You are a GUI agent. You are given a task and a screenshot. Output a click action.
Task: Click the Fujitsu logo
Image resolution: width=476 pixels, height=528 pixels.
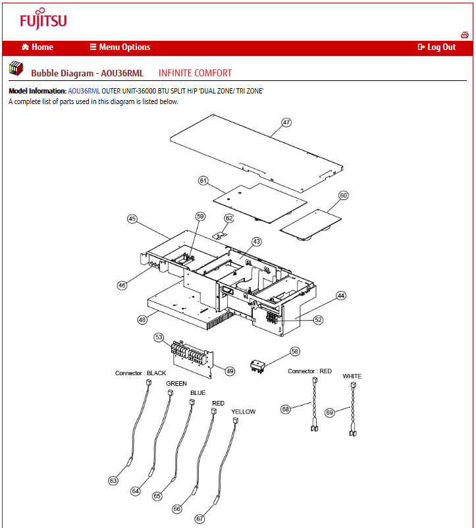tap(43, 21)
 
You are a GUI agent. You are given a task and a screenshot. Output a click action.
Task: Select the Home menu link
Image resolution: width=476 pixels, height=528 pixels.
tap(38, 47)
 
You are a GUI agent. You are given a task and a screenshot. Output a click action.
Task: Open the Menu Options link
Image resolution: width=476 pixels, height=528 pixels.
tap(120, 47)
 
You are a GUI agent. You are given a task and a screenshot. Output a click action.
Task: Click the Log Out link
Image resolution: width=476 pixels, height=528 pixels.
tap(436, 47)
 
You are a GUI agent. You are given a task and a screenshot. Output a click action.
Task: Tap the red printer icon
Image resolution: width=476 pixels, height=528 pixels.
tap(464, 35)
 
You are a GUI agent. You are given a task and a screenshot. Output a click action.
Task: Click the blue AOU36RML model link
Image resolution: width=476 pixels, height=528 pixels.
tap(84, 91)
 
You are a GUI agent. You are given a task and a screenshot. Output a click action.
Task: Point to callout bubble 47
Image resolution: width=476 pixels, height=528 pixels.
tap(286, 122)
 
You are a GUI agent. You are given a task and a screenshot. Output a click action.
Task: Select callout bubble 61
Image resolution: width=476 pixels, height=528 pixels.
tap(203, 180)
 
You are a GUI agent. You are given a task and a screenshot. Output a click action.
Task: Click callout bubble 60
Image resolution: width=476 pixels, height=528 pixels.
tap(344, 196)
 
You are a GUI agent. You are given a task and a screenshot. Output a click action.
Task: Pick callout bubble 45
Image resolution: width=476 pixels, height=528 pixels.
tap(132, 219)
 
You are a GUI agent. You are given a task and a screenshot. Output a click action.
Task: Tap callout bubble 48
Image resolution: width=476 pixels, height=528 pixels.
tap(142, 319)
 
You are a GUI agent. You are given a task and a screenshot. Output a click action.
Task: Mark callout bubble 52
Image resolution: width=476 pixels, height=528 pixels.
tap(319, 320)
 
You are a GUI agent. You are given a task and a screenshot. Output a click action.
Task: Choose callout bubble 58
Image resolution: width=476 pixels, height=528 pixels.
tap(295, 352)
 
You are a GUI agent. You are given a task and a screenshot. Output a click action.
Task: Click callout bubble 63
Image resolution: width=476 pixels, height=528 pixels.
tap(113, 481)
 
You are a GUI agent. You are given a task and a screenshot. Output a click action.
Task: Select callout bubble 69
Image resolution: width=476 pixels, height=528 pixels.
tap(330, 413)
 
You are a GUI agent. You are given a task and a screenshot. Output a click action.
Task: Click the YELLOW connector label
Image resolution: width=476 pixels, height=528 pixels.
tap(244, 412)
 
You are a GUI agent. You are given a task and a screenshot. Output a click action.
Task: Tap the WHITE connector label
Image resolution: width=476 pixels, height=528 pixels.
tap(352, 377)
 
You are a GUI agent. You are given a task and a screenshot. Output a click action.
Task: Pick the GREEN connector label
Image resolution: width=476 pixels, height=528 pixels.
tap(176, 383)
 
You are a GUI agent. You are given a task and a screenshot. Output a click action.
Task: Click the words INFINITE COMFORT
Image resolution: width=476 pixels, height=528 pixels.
tap(195, 73)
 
